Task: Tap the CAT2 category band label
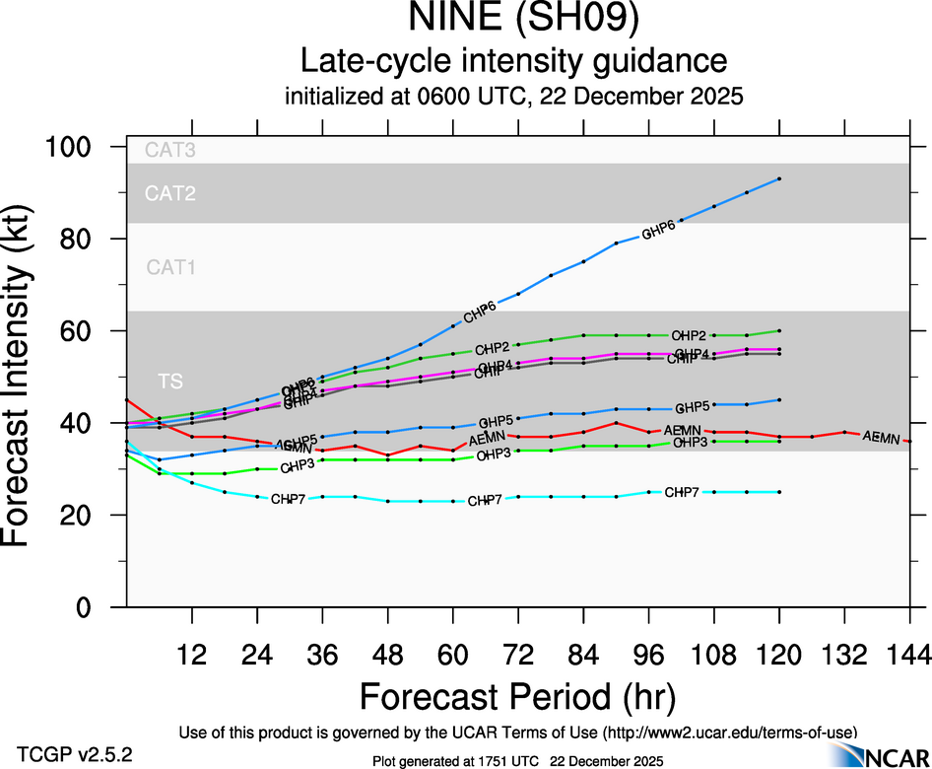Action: tap(170, 193)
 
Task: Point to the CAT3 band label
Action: tap(170, 151)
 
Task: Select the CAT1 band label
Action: tap(170, 267)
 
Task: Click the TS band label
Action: tap(170, 382)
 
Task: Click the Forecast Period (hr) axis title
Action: tap(517, 697)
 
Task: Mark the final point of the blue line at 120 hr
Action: tap(779, 178)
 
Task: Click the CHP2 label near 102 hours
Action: tap(689, 335)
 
